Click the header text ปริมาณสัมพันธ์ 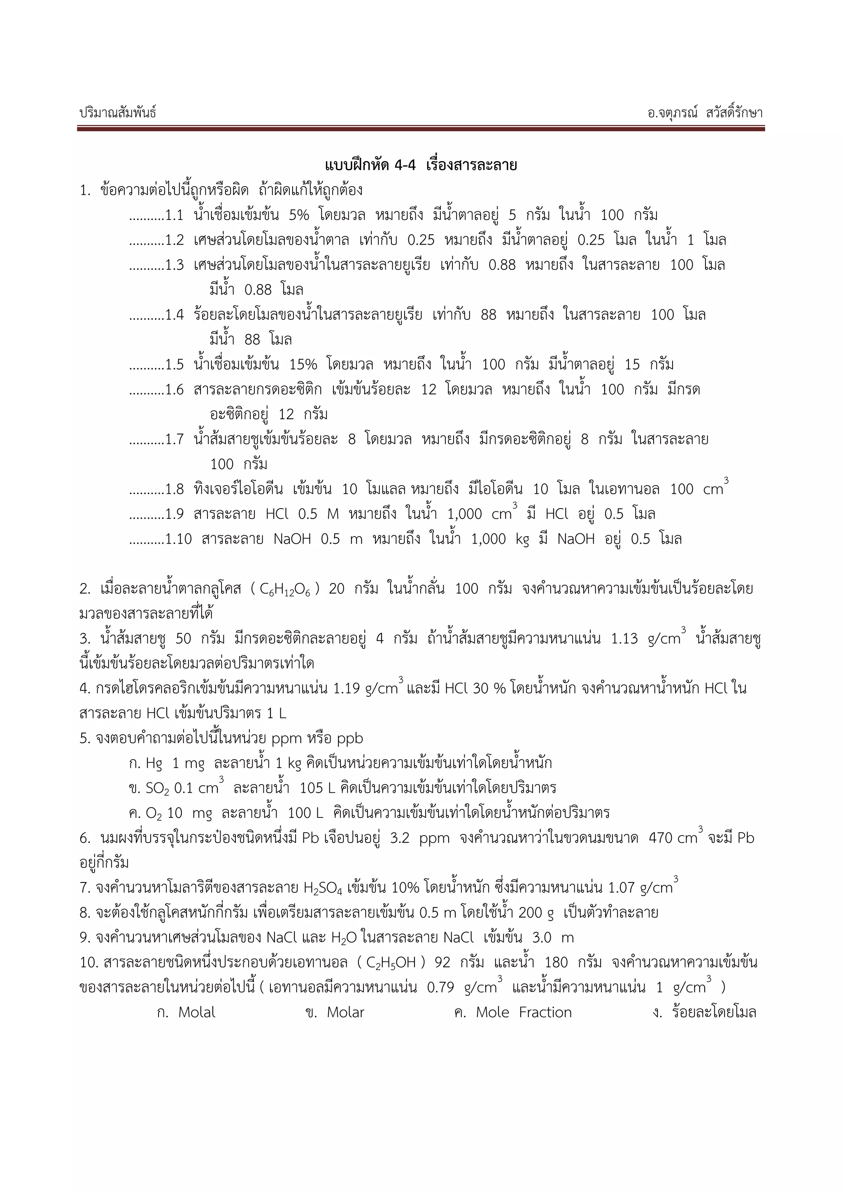point(118,113)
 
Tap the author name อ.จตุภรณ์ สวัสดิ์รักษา point(705,113)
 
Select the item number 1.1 point(175,215)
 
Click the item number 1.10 point(179,539)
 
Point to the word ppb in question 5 point(350,738)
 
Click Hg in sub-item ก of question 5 point(154,763)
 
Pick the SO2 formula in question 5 point(157,788)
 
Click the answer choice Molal point(196,1013)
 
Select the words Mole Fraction point(524,1013)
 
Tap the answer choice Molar point(345,1013)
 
